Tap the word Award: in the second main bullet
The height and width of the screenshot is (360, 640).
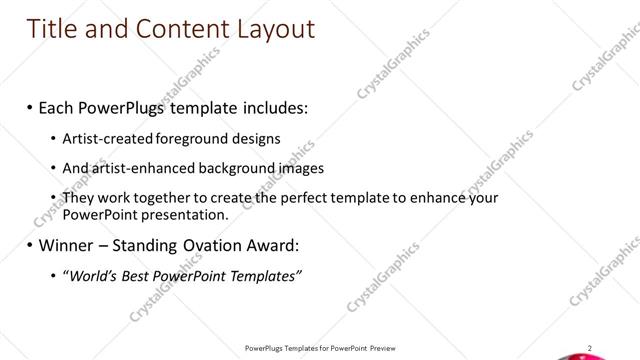coord(264,245)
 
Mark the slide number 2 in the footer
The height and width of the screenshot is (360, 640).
coord(590,347)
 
